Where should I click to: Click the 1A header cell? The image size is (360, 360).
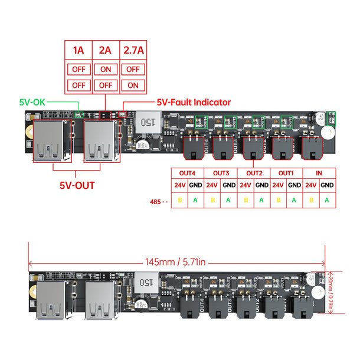(78, 50)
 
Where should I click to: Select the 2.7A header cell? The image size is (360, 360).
(133, 50)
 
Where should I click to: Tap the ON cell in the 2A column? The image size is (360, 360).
(106, 68)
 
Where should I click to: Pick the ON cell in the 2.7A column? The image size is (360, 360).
(133, 85)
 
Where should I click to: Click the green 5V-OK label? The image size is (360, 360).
(31, 102)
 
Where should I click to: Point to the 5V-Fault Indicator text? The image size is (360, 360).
(194, 102)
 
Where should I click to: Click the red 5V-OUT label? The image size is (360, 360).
(77, 185)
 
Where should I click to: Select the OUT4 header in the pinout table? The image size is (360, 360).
(187, 173)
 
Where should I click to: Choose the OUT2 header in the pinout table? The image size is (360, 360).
(254, 173)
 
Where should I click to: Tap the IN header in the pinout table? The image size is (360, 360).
(319, 173)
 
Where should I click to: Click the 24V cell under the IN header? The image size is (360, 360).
(310, 185)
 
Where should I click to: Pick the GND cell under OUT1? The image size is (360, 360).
(294, 185)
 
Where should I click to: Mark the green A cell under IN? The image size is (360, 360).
(327, 201)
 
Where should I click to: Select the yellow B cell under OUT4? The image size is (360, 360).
(179, 201)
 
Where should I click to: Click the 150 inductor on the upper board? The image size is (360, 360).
(146, 123)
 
